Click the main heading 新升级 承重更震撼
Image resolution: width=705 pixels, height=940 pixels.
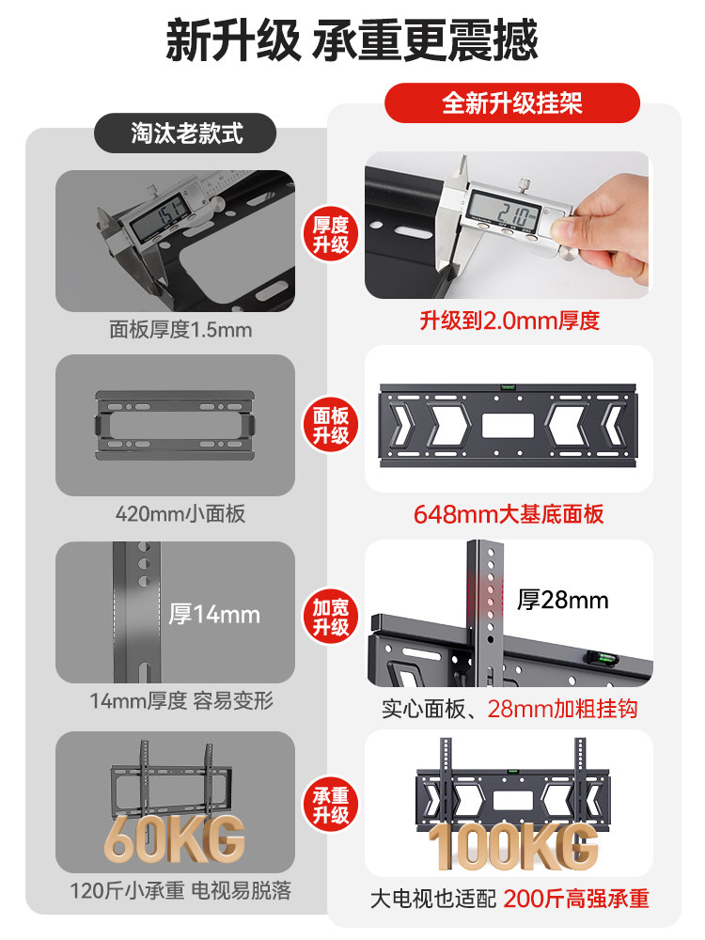pos(352,41)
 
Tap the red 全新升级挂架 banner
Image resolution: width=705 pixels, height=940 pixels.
pos(512,103)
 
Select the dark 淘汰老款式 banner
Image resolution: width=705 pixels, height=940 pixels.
pos(186,133)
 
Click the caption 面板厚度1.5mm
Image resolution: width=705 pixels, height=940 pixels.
pos(180,330)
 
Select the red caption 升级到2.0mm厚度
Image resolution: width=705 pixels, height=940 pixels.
pos(509,321)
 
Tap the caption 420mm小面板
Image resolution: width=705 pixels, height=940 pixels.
pos(180,514)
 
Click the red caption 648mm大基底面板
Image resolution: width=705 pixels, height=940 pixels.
pos(509,514)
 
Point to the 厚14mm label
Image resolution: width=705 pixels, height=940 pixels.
pos(214,615)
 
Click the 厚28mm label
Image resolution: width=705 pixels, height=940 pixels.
pos(563,600)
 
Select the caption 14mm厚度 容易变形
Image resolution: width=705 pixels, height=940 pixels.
pos(181,701)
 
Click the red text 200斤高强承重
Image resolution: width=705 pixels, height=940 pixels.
pos(576,899)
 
